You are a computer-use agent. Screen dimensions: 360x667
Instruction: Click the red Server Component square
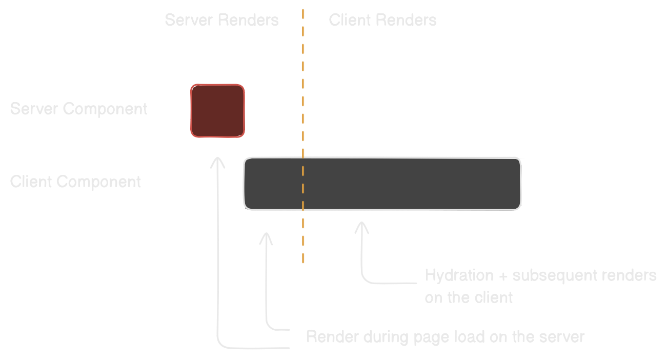[217, 111]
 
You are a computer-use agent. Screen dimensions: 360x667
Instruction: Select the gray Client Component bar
[382, 184]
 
